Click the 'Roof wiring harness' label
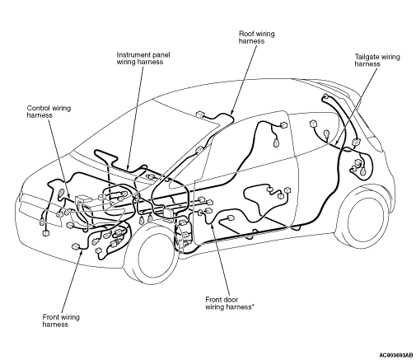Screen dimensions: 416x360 [256, 37]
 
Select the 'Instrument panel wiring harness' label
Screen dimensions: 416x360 [143, 58]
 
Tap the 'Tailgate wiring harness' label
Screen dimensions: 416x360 [377, 60]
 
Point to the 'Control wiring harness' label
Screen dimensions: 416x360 [49, 111]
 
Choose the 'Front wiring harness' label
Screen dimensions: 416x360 [61, 320]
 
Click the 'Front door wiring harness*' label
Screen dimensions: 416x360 [230, 303]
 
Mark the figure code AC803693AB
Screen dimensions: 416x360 [395, 355]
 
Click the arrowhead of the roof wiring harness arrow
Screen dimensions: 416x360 [231, 113]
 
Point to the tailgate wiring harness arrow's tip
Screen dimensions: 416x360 [337, 143]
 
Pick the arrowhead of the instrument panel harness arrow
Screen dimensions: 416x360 [128, 167]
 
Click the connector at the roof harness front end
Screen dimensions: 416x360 [199, 115]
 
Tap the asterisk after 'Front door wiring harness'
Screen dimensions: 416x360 [253, 305]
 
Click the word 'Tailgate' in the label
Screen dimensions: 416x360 [366, 57]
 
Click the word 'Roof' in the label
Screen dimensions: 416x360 [245, 34]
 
